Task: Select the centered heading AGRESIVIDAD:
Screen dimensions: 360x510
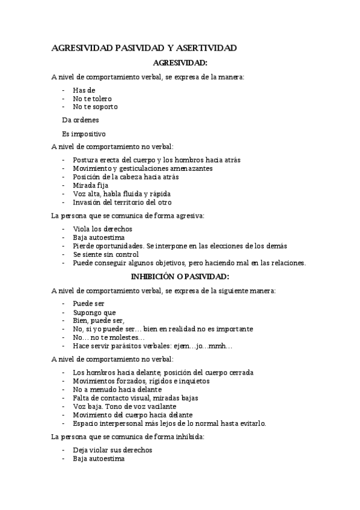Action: (x=180, y=63)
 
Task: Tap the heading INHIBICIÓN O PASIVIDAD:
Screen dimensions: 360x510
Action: (x=180, y=276)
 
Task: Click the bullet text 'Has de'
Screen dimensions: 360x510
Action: (x=84, y=90)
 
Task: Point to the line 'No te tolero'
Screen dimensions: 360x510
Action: (x=92, y=98)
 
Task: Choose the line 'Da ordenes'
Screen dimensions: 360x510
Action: (x=81, y=120)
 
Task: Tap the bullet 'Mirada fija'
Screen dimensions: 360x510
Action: (x=90, y=186)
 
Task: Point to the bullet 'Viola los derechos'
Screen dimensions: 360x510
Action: (x=102, y=229)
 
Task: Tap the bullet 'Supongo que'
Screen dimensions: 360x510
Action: (x=94, y=312)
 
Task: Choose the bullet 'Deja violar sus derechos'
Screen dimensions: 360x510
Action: (x=112, y=450)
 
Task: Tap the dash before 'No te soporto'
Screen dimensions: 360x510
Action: (x=64, y=106)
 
